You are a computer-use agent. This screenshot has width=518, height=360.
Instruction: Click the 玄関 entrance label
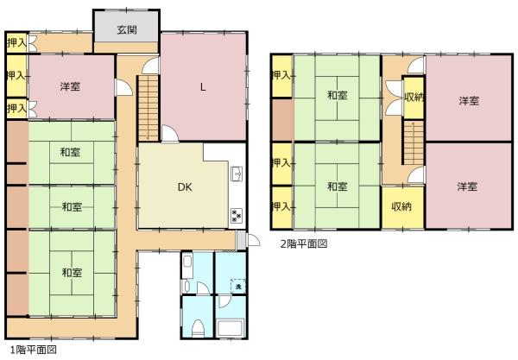127,30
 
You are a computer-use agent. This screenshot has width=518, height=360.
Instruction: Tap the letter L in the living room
203,87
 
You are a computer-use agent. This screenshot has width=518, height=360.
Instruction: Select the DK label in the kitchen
185,187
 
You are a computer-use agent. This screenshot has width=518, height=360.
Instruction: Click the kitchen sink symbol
237,174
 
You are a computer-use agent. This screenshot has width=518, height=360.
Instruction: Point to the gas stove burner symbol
237,215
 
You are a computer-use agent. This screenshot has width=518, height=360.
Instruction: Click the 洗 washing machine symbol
238,286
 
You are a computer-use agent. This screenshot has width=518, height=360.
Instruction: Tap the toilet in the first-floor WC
198,328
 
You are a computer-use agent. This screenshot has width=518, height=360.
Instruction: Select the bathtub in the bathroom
231,328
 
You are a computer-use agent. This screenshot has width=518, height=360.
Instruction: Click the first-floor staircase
148,108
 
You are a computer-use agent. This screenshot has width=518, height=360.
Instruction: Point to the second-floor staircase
414,142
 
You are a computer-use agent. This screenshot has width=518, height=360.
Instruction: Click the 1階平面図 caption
34,350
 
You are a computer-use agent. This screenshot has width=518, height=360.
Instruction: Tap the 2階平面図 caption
304,244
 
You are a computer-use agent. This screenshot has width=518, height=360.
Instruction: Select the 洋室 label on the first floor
70,86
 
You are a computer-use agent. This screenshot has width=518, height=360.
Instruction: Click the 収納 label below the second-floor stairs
401,206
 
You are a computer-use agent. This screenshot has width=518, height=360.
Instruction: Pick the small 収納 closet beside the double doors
414,98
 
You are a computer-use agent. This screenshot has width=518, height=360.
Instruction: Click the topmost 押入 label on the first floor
16,42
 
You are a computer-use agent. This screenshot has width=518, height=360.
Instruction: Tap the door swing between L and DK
170,134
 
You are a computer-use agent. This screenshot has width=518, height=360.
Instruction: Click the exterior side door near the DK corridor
253,240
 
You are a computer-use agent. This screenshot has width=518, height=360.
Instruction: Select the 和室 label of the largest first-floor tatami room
72,273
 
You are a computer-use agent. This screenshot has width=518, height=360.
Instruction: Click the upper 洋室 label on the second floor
469,101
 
